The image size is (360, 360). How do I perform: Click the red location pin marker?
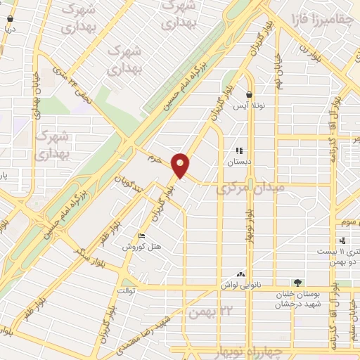click(x=181, y=165)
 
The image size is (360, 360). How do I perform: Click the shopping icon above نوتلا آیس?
click(x=249, y=94)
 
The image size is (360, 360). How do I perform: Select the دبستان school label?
click(x=238, y=161)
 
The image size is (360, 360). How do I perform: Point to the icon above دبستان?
click(x=239, y=150)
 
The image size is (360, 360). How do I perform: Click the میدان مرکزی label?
click(x=250, y=188)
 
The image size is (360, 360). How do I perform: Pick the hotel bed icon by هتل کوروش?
click(x=142, y=236)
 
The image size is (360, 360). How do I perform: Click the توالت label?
click(x=127, y=290)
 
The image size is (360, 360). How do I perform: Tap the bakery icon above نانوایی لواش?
click(x=241, y=274)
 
